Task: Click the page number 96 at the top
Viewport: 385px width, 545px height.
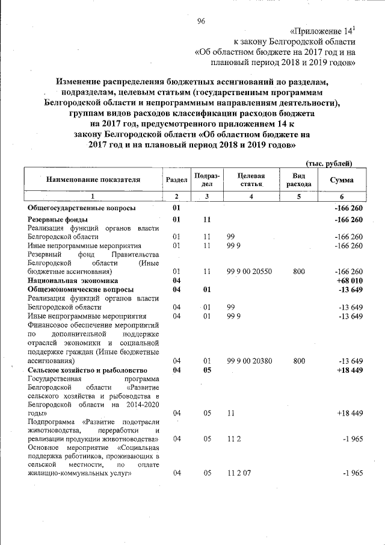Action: point(202,22)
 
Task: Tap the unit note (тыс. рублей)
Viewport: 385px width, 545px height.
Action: point(328,163)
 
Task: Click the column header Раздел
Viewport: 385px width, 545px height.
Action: point(176,179)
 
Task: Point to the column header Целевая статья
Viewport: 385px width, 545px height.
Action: point(251,179)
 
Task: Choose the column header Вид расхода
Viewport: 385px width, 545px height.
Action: point(299,179)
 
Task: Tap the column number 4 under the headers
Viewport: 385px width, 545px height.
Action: point(251,196)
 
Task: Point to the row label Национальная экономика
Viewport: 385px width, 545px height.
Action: point(75,280)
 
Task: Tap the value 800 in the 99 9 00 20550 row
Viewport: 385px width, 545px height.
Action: point(299,272)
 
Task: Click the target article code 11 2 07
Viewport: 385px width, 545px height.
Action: point(239,473)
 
